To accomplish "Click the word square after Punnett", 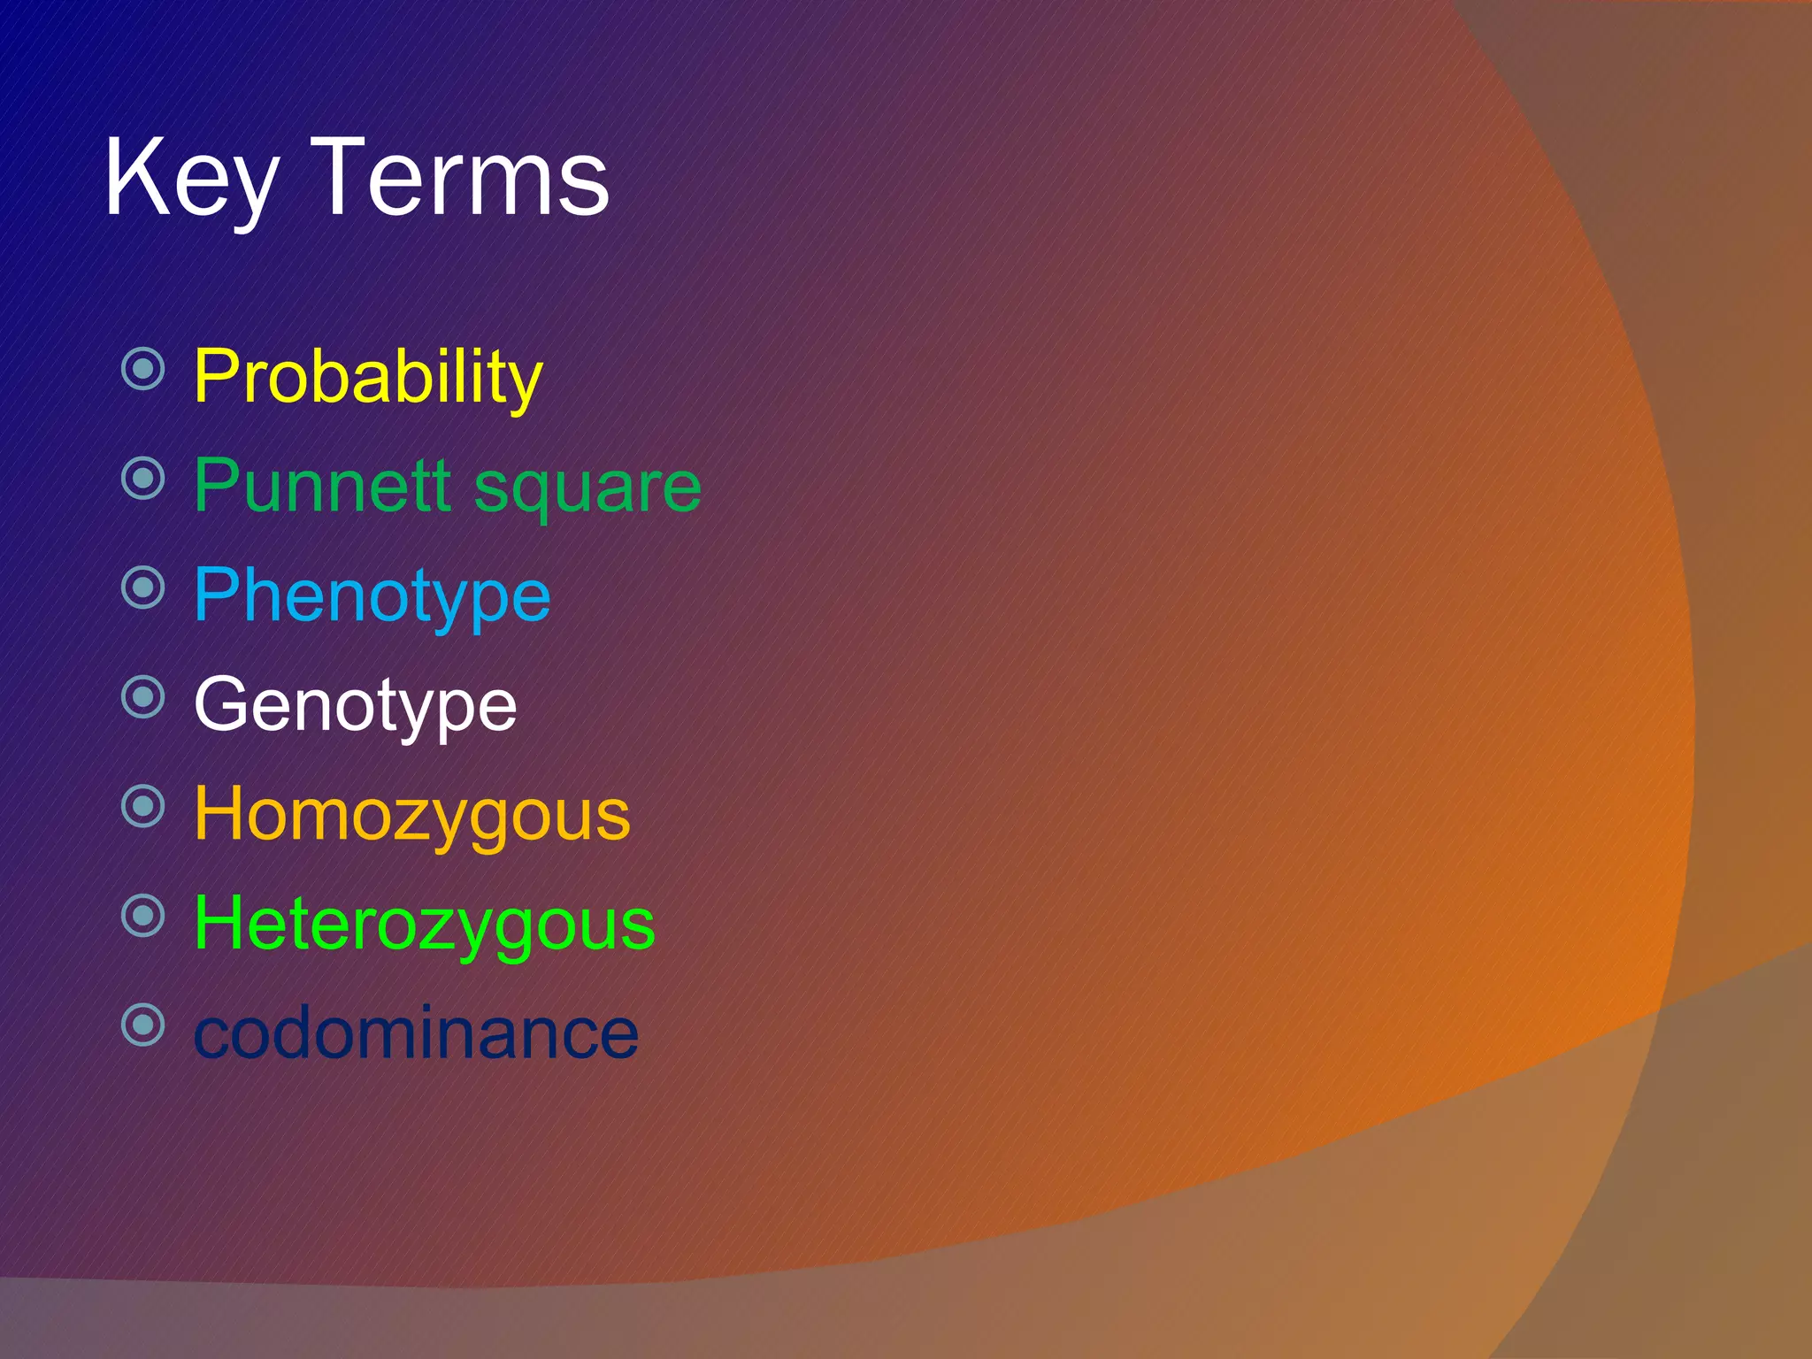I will tap(587, 488).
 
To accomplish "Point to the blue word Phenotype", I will tap(372, 596).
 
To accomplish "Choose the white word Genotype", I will tap(355, 705).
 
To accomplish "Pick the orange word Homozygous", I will tap(411, 815).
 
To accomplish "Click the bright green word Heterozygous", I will tap(424, 925).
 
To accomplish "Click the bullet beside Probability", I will tap(143, 369).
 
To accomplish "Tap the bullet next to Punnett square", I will tap(143, 479).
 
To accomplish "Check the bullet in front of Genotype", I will tap(143, 697).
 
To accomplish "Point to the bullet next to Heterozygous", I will tap(143, 916).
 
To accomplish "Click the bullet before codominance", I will tap(143, 1025).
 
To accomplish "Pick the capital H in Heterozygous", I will tap(218, 923).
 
